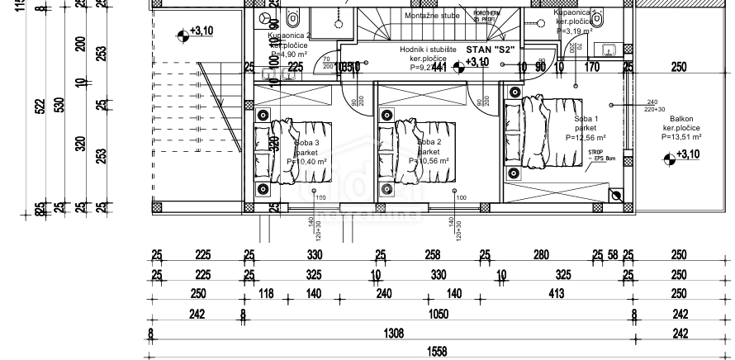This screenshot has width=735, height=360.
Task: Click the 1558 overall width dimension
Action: pyautogui.click(x=437, y=351)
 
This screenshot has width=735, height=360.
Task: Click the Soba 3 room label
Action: pyautogui.click(x=306, y=143)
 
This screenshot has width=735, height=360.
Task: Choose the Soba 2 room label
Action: pyautogui.click(x=429, y=143)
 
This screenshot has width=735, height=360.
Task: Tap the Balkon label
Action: pyautogui.click(x=680, y=119)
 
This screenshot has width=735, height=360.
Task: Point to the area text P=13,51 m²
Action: pyautogui.click(x=680, y=138)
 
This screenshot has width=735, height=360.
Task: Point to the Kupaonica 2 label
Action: pyautogui.click(x=290, y=36)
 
